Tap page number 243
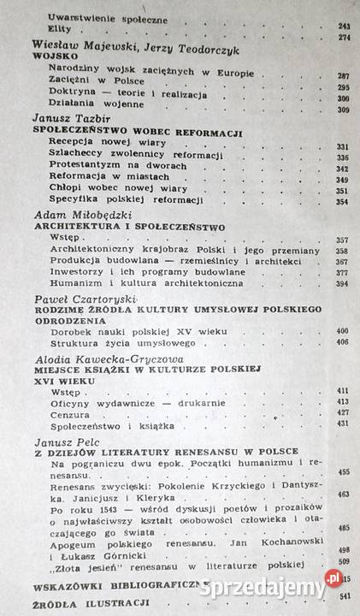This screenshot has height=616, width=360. (344, 27)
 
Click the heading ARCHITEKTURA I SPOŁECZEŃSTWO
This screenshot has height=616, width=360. (128, 228)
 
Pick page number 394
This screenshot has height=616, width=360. (344, 284)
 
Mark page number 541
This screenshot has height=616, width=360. (344, 596)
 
